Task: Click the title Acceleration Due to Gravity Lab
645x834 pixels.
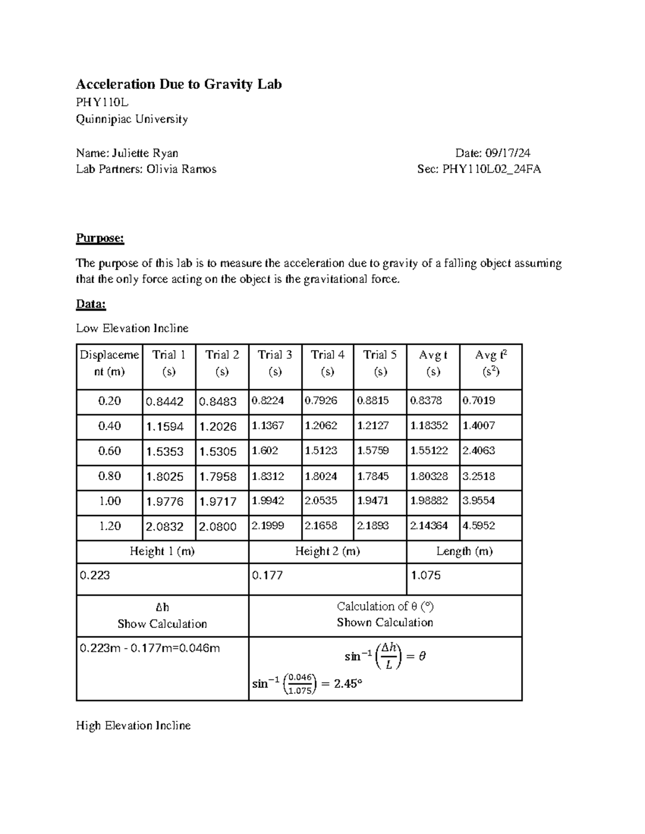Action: pyautogui.click(x=178, y=84)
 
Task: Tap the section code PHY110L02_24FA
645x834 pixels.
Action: pyautogui.click(x=491, y=169)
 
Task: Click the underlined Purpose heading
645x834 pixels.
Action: pyautogui.click(x=100, y=238)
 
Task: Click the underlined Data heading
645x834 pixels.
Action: pyautogui.click(x=91, y=304)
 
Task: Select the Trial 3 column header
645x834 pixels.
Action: pyautogui.click(x=275, y=363)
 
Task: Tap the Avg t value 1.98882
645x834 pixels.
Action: pyautogui.click(x=429, y=501)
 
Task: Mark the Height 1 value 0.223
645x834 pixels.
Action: pyautogui.click(x=95, y=575)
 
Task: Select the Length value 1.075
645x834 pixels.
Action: pyautogui.click(x=426, y=575)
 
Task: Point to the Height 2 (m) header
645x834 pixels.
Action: pyautogui.click(x=327, y=551)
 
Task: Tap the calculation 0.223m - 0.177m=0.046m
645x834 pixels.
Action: pyautogui.click(x=150, y=648)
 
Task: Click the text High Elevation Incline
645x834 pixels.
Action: pyautogui.click(x=133, y=726)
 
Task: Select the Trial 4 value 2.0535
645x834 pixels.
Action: pyautogui.click(x=321, y=501)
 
